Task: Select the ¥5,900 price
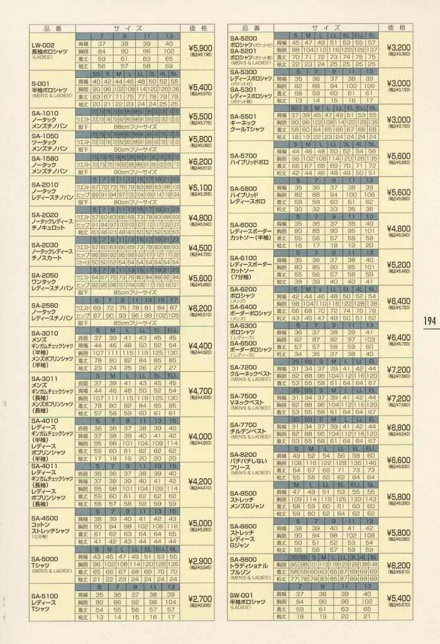tap(201, 48)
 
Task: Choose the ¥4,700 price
tap(201, 391)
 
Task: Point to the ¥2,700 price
tap(201, 599)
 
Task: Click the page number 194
tap(429, 321)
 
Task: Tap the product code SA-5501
tap(245, 117)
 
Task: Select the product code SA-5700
tap(245, 155)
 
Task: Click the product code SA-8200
tap(245, 454)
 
